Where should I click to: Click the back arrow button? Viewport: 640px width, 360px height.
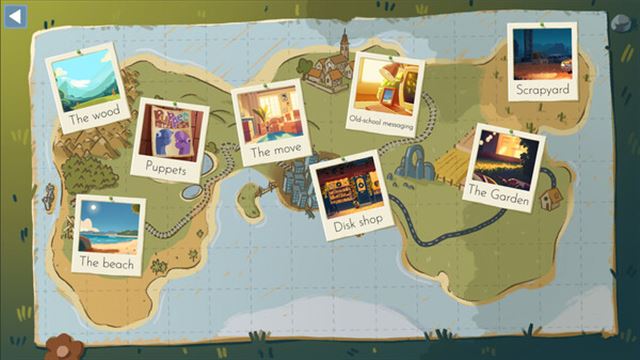[16, 15]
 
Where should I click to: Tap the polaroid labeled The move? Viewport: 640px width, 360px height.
[269, 120]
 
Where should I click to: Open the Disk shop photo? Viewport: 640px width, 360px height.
[349, 194]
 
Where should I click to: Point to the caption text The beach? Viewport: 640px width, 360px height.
[107, 264]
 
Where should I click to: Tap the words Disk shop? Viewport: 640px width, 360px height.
[358, 222]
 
